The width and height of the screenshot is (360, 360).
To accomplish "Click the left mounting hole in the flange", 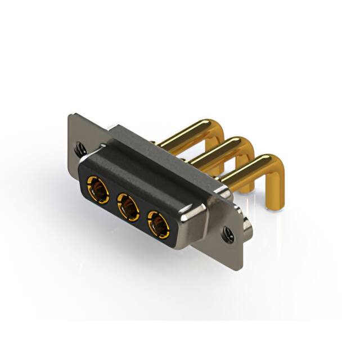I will [81, 148].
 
